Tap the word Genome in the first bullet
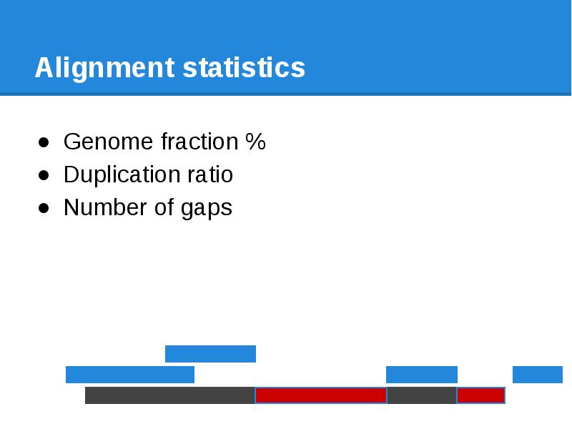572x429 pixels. pyautogui.click(x=109, y=142)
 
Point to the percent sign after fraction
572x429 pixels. pyautogui.click(x=255, y=142)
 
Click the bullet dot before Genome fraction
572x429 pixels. pyautogui.click(x=44, y=143)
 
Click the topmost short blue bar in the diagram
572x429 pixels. pyautogui.click(x=210, y=354)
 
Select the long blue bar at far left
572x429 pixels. pyautogui.click(x=129, y=375)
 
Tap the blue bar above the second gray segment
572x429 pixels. pyautogui.click(x=421, y=375)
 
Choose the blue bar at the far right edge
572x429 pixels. pyautogui.click(x=538, y=375)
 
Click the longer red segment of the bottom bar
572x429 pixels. pyautogui.click(x=320, y=395)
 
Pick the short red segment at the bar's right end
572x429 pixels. pyautogui.click(x=480, y=395)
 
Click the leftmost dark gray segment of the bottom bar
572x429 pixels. pyautogui.click(x=169, y=395)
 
